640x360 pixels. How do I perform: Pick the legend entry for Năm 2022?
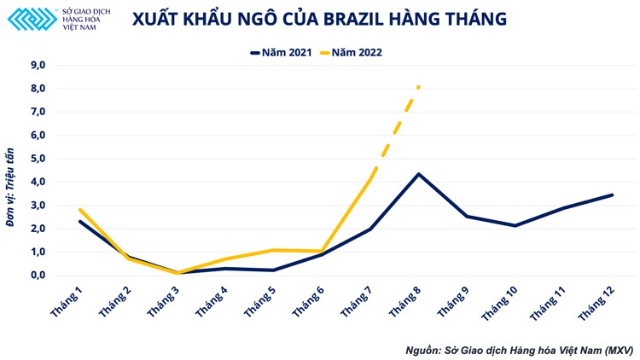point(350,52)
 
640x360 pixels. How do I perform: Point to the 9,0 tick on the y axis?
point(38,65)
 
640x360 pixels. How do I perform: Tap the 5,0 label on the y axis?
point(38,159)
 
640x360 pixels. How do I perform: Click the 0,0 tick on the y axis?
point(38,276)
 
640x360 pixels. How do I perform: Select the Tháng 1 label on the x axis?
point(68,302)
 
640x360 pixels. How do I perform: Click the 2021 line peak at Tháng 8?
point(418,174)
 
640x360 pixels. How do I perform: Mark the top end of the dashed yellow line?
point(418,86)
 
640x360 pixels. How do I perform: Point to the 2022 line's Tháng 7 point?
point(369,179)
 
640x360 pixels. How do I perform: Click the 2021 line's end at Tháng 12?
point(612,195)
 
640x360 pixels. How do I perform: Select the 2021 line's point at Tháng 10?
point(515,225)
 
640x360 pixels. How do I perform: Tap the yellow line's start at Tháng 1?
point(79,209)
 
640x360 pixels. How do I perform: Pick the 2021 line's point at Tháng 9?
point(467,216)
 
